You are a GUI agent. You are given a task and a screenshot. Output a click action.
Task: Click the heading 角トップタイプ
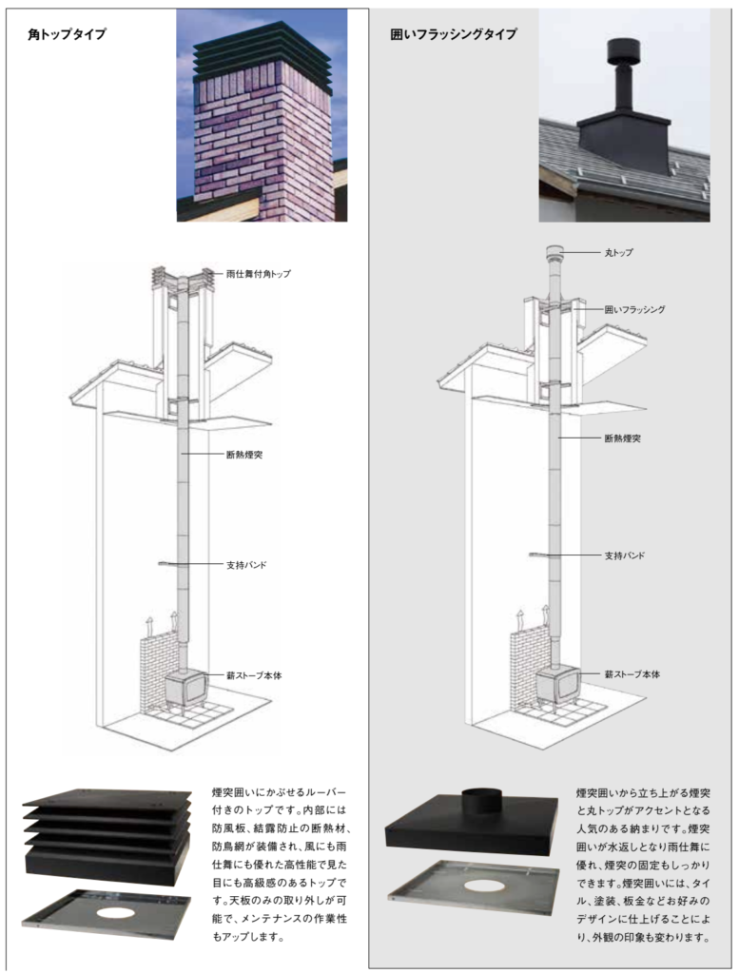[67, 34]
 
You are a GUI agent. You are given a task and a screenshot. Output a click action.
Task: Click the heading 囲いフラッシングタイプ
[454, 34]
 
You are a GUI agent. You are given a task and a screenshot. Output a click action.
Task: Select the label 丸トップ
[619, 253]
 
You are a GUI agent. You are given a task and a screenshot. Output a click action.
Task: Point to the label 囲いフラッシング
[634, 309]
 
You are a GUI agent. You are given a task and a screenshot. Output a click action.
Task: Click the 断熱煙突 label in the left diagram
[244, 455]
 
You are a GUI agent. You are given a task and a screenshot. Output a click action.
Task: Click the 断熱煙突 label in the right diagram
[623, 438]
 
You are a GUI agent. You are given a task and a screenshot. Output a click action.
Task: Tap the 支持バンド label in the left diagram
[246, 565]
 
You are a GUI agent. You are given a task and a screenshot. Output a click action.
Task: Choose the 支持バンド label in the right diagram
[625, 555]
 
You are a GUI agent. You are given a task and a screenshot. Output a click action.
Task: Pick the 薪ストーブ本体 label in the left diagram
[254, 674]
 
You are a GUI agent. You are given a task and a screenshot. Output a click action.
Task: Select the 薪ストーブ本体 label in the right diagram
[632, 674]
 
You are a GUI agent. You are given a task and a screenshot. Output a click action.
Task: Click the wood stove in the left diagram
[185, 691]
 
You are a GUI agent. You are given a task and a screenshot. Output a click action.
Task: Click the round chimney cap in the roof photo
[623, 49]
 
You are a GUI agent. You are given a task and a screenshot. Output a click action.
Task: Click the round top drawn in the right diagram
[554, 255]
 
